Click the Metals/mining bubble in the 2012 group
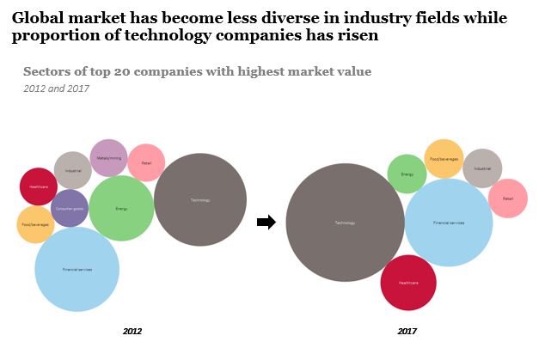[108, 158]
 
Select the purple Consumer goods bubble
[70, 208]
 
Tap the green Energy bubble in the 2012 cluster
[121, 208]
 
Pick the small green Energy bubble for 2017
[407, 174]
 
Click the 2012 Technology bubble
[199, 200]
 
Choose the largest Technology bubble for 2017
[345, 223]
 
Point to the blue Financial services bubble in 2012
[77, 269]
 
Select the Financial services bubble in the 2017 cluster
[448, 223]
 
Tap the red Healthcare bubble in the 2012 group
[39, 186]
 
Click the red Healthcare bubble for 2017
[408, 282]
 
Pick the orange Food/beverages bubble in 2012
[35, 224]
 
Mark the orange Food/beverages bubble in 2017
[444, 159]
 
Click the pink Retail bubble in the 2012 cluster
[146, 162]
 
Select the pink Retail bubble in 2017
[508, 198]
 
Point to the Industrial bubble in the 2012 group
[72, 170]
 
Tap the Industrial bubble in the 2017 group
[481, 168]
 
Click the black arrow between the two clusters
[266, 223]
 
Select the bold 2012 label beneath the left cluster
[132, 331]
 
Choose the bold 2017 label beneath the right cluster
[407, 331]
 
